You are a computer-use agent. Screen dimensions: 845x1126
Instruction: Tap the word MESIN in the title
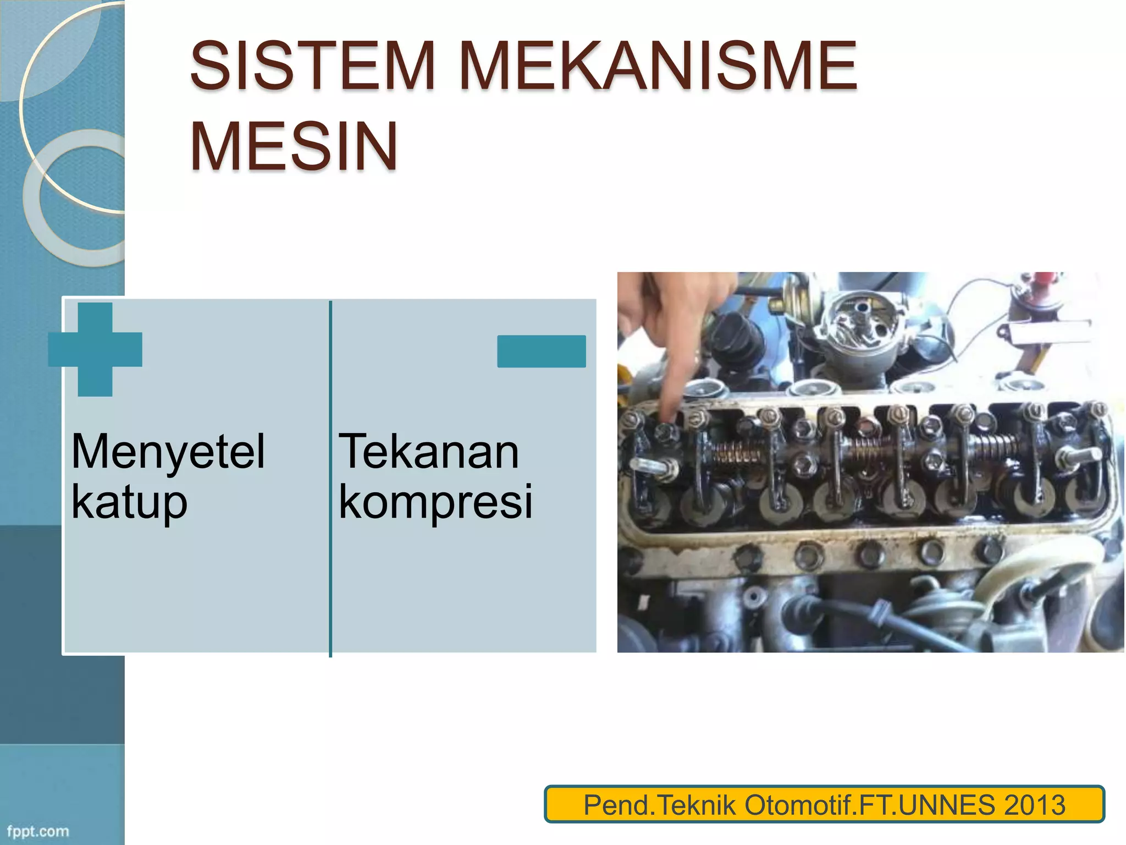pos(294,147)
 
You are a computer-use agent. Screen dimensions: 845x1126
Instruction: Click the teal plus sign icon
pos(95,349)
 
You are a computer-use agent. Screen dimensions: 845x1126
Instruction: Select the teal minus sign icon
pos(541,351)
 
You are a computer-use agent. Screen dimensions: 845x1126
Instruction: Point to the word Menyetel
pos(168,452)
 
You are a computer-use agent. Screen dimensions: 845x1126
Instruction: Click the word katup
pos(130,502)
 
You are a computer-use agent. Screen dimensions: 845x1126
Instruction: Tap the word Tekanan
pos(429,452)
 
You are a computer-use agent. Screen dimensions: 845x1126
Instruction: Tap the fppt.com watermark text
pos(38,831)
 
